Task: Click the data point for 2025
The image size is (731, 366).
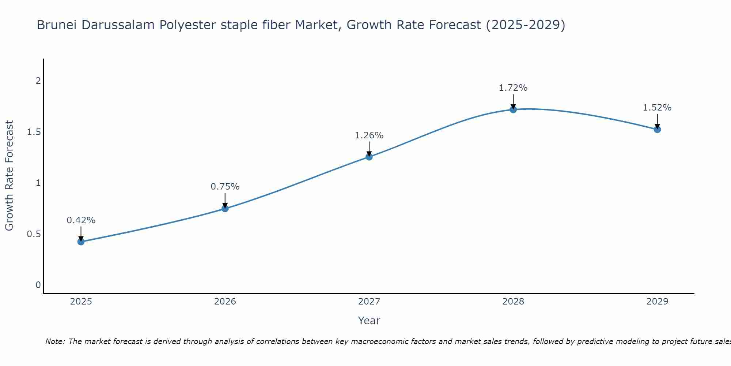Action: pyautogui.click(x=81, y=242)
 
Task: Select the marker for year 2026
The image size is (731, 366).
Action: pyautogui.click(x=225, y=209)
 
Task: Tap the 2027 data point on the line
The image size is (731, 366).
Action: pyautogui.click(x=369, y=157)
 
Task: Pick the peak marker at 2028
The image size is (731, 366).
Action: pyautogui.click(x=513, y=109)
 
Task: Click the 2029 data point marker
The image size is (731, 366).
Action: pyautogui.click(x=657, y=129)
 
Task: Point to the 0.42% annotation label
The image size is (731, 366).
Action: pyautogui.click(x=81, y=220)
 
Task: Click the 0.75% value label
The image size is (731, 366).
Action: pyautogui.click(x=225, y=187)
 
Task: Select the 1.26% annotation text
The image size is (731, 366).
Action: pyautogui.click(x=369, y=135)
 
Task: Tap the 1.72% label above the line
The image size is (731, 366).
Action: pyautogui.click(x=513, y=88)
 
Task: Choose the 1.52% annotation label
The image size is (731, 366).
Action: pyautogui.click(x=657, y=108)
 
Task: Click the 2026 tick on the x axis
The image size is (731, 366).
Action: pyautogui.click(x=225, y=302)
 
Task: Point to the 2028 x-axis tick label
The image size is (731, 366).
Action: pyautogui.click(x=513, y=302)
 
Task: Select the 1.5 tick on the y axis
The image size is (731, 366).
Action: pyautogui.click(x=34, y=132)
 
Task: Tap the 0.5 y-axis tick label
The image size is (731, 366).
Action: pyautogui.click(x=34, y=234)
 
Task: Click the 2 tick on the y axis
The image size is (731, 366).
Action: pyautogui.click(x=38, y=81)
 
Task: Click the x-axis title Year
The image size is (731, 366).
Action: pyautogui.click(x=369, y=321)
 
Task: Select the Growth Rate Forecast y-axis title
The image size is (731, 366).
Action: pyautogui.click(x=9, y=176)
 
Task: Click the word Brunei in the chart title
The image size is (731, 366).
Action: pyautogui.click(x=57, y=25)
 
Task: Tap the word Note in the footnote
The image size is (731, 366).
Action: pyautogui.click(x=54, y=341)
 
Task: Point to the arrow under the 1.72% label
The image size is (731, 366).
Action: pyautogui.click(x=513, y=101)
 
